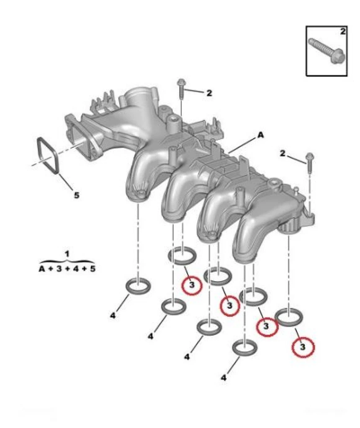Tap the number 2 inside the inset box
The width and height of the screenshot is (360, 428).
(342, 31)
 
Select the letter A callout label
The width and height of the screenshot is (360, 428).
(260, 135)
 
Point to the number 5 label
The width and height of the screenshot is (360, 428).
(77, 195)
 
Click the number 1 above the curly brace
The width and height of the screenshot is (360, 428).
(67, 254)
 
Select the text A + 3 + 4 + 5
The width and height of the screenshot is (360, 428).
(67, 268)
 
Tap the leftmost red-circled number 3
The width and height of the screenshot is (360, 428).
(192, 285)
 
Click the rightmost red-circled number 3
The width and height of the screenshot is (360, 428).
(303, 347)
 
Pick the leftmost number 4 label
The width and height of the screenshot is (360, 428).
(113, 316)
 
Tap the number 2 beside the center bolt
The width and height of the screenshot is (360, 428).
(209, 93)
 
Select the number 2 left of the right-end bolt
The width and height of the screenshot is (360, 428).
(283, 154)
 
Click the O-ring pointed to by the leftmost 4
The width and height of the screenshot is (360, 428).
(139, 286)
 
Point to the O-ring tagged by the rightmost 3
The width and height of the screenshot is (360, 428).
(289, 317)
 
